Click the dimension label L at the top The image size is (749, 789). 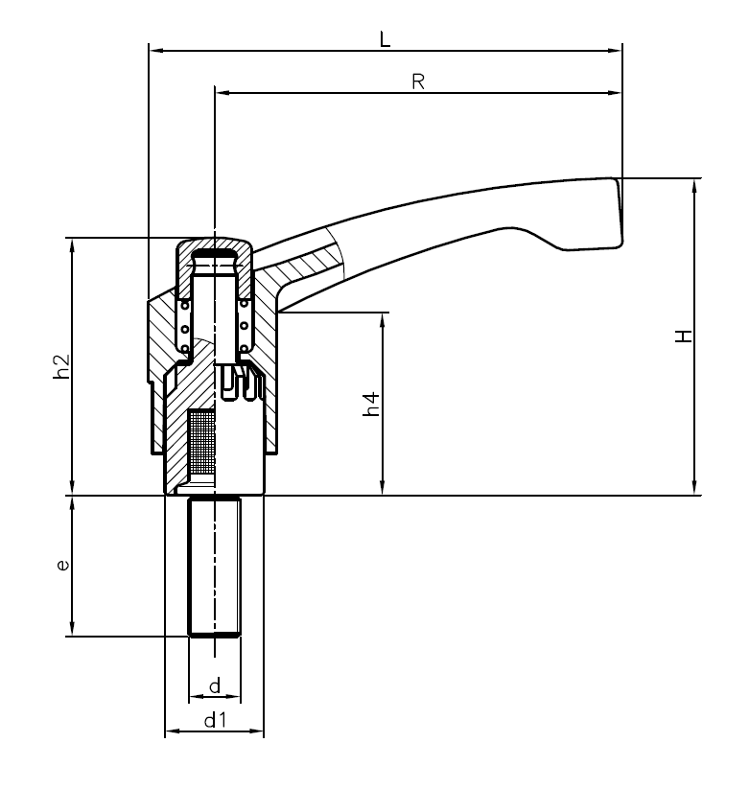pos(385,39)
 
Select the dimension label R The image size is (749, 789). pos(418,82)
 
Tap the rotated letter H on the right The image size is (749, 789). pos(683,336)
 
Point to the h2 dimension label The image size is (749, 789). pos(60,366)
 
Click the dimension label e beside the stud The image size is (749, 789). pos(62,566)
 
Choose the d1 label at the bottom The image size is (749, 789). pos(215,721)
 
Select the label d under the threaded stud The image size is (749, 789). pos(215,685)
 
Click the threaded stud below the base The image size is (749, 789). pos(214,566)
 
